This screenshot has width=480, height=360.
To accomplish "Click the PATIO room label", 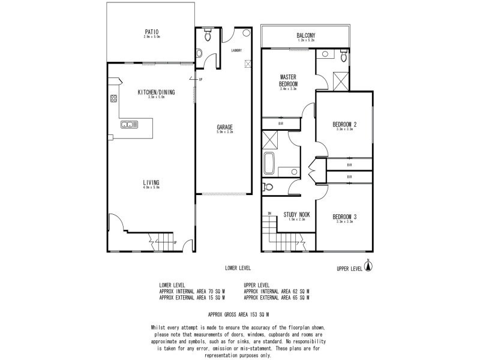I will [x=151, y=32].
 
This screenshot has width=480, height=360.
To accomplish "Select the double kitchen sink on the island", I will [x=128, y=125].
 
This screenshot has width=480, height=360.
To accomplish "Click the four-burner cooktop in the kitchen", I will [x=112, y=99].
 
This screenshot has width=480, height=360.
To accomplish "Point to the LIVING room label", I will [x=151, y=182].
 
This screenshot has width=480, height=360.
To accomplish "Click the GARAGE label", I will [x=225, y=127].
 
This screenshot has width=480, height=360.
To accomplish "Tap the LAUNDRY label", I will [x=236, y=51].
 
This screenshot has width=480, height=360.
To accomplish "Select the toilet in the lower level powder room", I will [x=208, y=37].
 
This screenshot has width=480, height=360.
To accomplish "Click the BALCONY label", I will [x=305, y=35].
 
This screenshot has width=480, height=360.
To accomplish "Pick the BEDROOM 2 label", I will [x=345, y=125].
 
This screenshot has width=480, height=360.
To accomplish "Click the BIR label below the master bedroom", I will [x=281, y=124].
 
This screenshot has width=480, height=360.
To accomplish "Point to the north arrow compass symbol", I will [x=369, y=266].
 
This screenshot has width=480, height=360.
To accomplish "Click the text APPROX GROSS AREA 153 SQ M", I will [x=238, y=314].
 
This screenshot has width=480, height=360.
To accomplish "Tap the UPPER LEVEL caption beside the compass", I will [x=349, y=269].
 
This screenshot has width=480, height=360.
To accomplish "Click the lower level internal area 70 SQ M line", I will [x=192, y=291].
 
